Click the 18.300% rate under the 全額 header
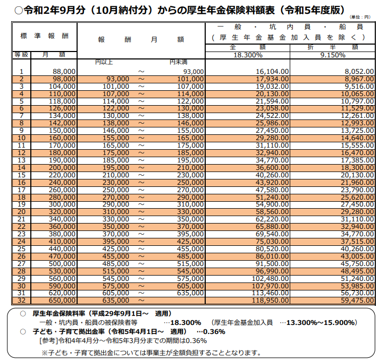click(x=248, y=55)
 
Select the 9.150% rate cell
click(x=333, y=55)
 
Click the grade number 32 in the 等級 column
click(x=21, y=301)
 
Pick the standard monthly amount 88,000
click(x=64, y=72)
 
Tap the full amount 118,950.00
click(x=270, y=301)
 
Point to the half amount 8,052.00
click(x=359, y=72)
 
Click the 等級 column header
click(x=21, y=55)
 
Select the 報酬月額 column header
click(x=141, y=39)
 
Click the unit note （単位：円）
click(x=360, y=17)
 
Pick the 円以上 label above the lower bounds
click(x=104, y=62)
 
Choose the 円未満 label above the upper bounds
click(x=178, y=62)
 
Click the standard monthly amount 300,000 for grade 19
click(x=62, y=204)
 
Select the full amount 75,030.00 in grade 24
click(x=272, y=242)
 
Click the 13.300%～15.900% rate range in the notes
click(x=321, y=322)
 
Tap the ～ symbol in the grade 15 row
click(x=141, y=175)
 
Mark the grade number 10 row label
click(x=21, y=138)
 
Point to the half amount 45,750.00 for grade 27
click(x=357, y=263)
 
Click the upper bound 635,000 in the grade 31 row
click(x=190, y=293)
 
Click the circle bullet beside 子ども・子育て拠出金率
click(x=23, y=332)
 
